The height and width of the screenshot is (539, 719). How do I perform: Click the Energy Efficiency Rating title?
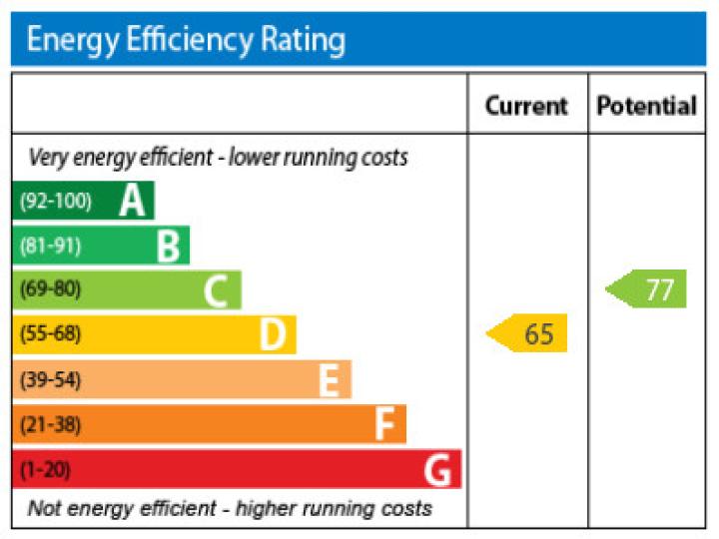pyautogui.click(x=186, y=40)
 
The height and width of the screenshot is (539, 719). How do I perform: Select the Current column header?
pyautogui.click(x=526, y=106)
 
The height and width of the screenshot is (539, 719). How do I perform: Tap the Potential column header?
pyautogui.click(x=646, y=106)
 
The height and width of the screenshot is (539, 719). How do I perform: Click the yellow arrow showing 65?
pyautogui.click(x=528, y=333)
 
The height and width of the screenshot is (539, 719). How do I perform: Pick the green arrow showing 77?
pyautogui.click(x=648, y=289)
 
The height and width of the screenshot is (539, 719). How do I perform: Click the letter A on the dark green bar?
pyautogui.click(x=132, y=202)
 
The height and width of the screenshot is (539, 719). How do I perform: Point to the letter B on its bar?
pyautogui.click(x=168, y=246)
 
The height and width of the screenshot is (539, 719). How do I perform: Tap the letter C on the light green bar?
pyautogui.click(x=217, y=290)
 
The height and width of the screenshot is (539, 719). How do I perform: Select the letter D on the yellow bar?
pyautogui.click(x=272, y=334)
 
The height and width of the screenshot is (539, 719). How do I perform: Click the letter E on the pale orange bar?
pyautogui.click(x=329, y=380)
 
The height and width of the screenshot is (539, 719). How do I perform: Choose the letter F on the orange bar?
pyautogui.click(x=384, y=424)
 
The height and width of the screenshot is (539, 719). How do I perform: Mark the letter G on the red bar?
pyautogui.click(x=437, y=469)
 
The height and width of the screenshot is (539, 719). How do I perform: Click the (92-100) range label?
pyautogui.click(x=55, y=202)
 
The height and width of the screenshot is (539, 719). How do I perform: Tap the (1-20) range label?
pyautogui.click(x=46, y=469)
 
